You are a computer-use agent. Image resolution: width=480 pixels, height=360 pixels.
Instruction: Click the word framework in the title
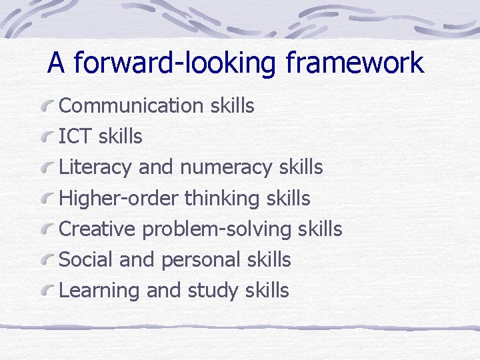point(354,63)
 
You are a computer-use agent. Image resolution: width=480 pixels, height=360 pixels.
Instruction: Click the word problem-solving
point(217,229)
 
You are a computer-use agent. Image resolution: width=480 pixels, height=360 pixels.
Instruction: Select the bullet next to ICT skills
point(47,137)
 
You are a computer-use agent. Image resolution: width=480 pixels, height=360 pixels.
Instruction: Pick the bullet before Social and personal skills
point(47,260)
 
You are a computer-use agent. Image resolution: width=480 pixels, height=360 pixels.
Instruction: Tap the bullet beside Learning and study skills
point(47,291)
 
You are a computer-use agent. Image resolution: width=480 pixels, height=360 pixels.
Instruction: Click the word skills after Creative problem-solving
point(320,229)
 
